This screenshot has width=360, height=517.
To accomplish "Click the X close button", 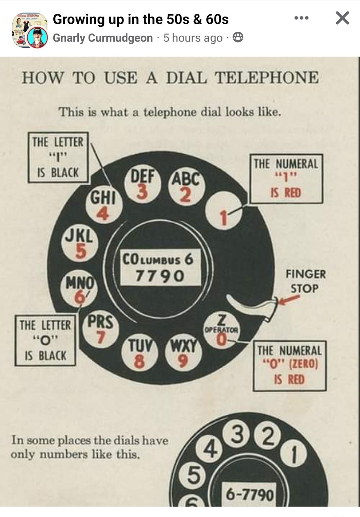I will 342,18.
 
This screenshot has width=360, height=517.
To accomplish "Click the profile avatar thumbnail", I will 30,31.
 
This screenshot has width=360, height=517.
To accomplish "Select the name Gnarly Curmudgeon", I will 103,38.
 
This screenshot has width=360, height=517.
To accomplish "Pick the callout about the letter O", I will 45,340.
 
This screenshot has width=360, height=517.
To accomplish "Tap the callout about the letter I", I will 58,157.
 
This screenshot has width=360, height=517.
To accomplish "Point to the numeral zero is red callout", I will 289,365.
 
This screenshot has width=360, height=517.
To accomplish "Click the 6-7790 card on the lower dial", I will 249,494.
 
